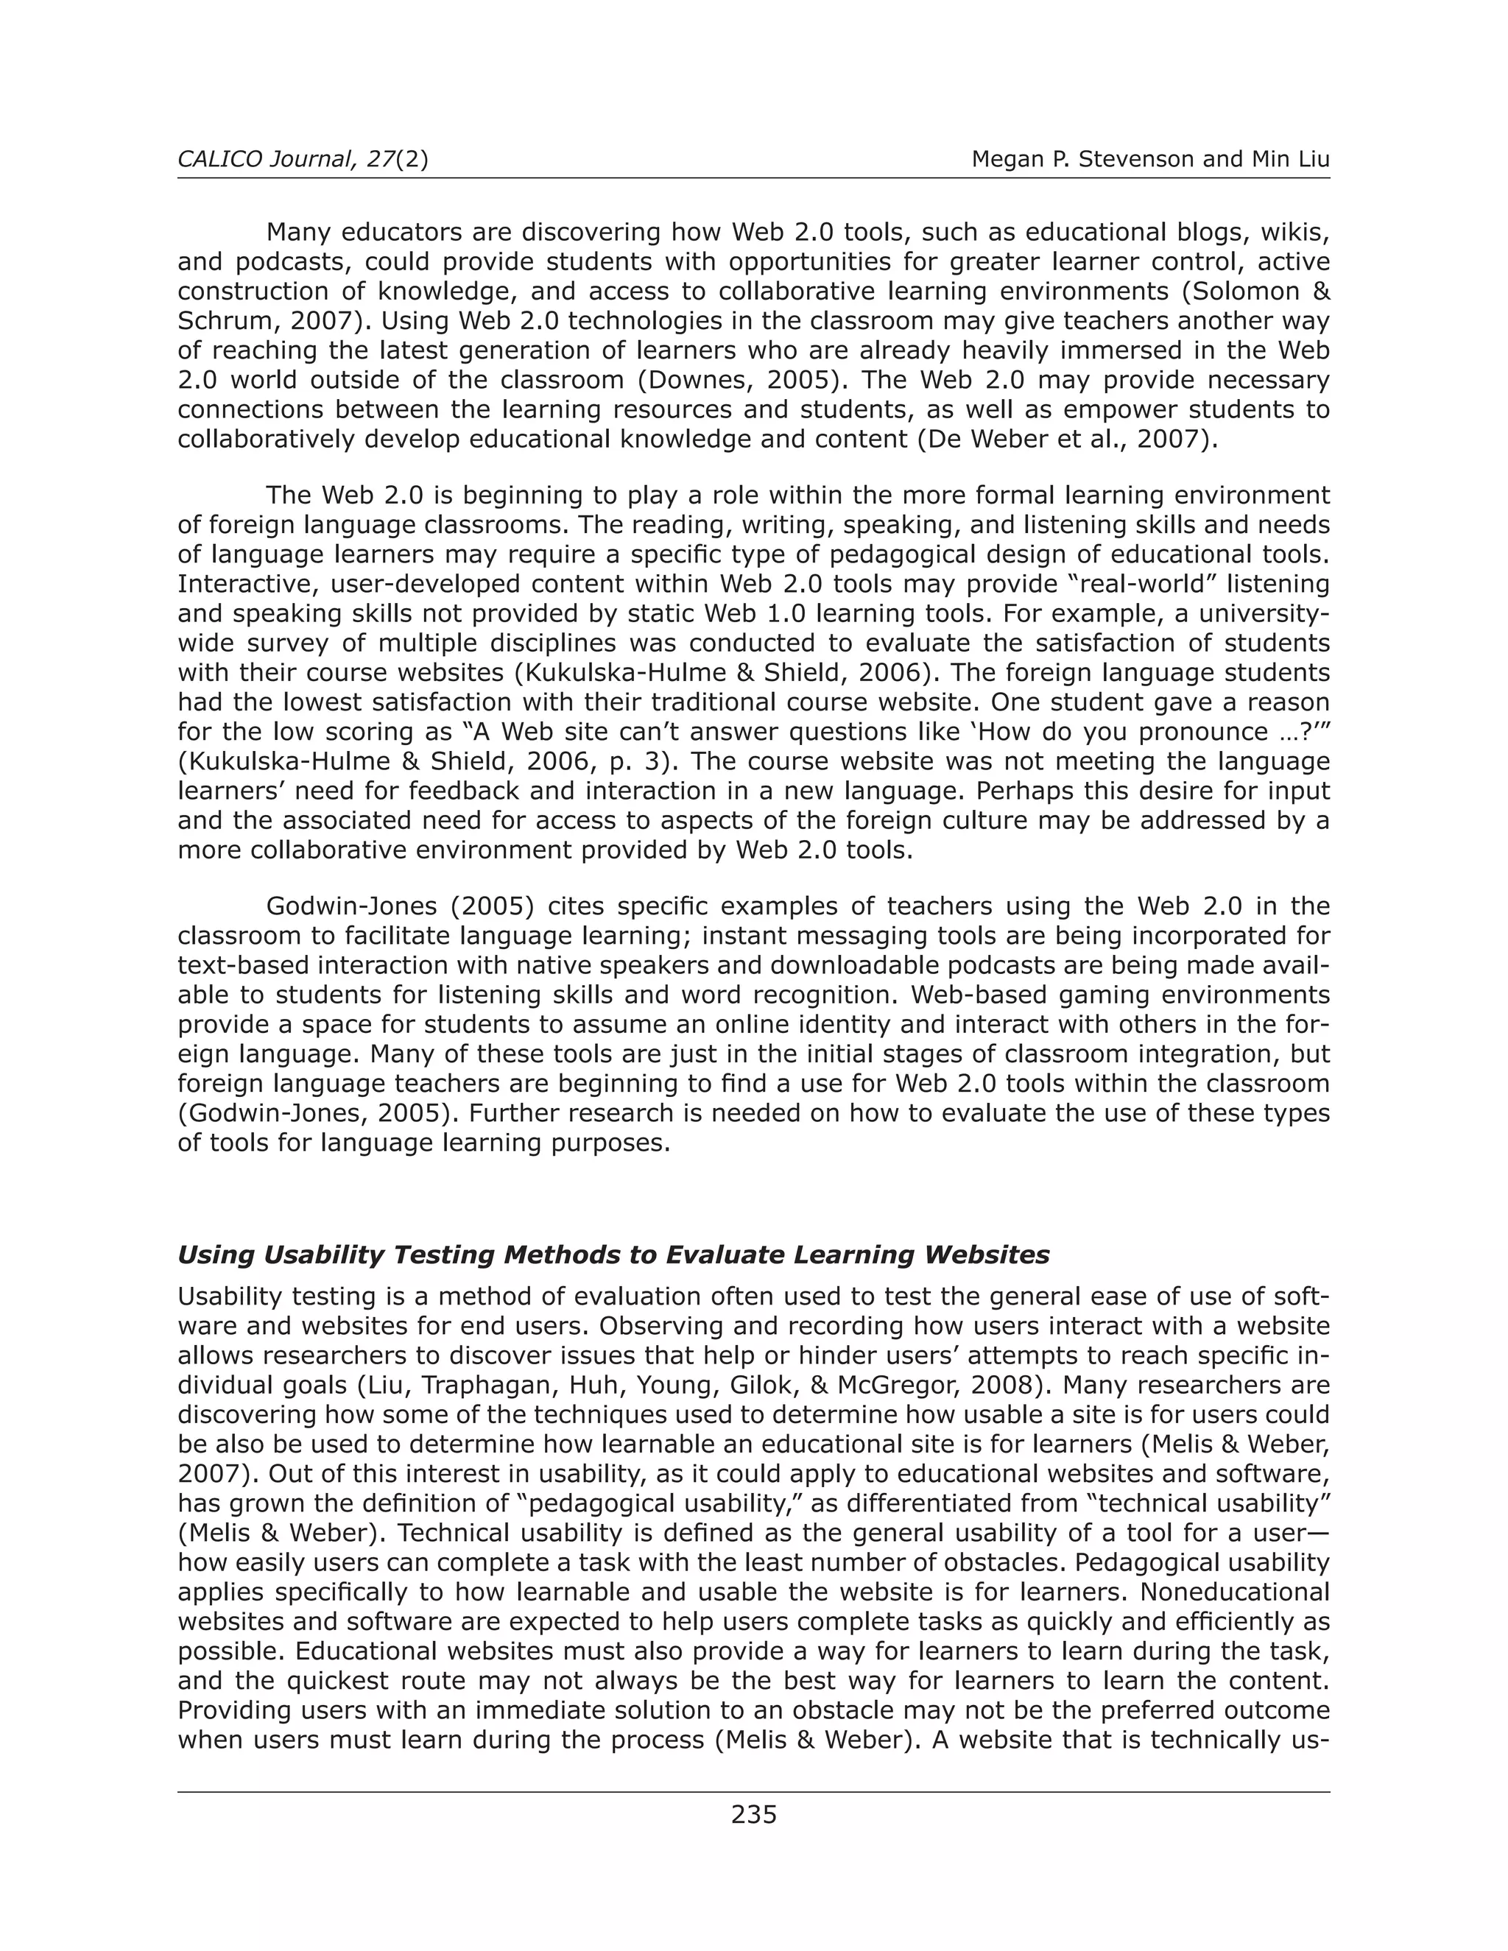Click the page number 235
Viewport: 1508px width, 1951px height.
coord(753,1814)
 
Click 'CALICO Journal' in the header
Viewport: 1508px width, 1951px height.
coord(264,160)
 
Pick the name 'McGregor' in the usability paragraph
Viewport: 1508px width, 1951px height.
coord(906,1386)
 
